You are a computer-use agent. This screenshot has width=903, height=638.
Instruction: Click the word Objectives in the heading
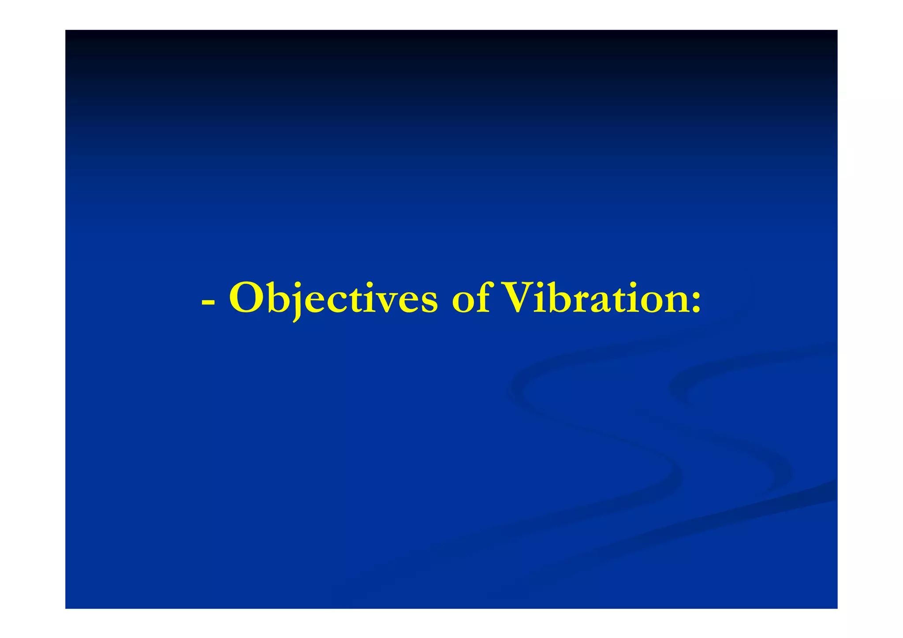click(x=333, y=299)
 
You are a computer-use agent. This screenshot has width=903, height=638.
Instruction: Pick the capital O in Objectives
click(x=248, y=299)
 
